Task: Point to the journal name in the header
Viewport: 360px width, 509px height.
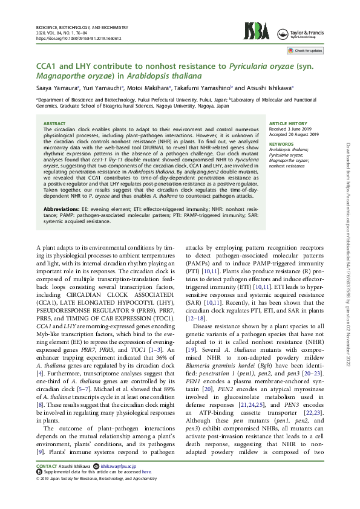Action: pos(82,28)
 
